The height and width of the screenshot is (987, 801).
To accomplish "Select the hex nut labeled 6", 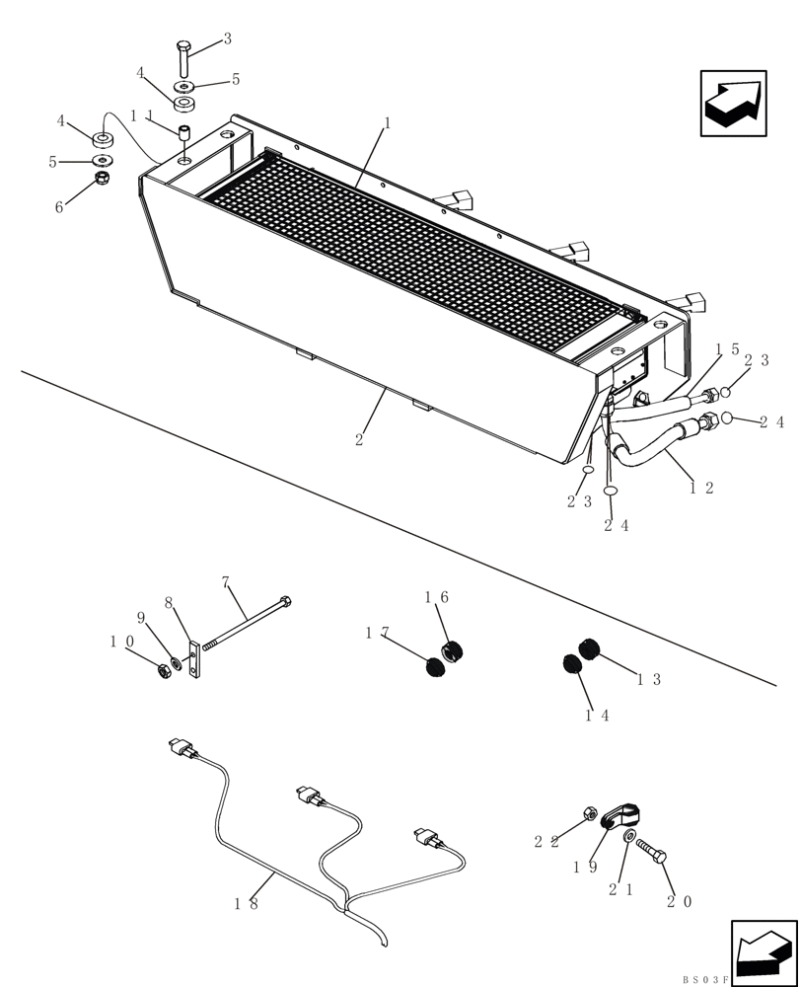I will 101,180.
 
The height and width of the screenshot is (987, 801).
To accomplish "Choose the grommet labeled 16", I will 452,651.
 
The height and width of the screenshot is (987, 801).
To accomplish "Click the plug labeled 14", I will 572,663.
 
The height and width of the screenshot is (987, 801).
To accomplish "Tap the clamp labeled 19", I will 618,815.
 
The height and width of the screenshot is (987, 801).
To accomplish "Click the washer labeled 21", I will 629,837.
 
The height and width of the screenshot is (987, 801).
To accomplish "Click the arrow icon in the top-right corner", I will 733,103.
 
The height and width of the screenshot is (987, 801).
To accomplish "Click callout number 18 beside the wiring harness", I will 247,902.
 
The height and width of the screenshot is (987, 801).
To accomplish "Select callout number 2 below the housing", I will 359,439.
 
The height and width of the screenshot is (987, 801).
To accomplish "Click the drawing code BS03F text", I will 703,979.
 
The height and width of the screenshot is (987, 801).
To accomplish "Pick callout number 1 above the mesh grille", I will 388,123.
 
